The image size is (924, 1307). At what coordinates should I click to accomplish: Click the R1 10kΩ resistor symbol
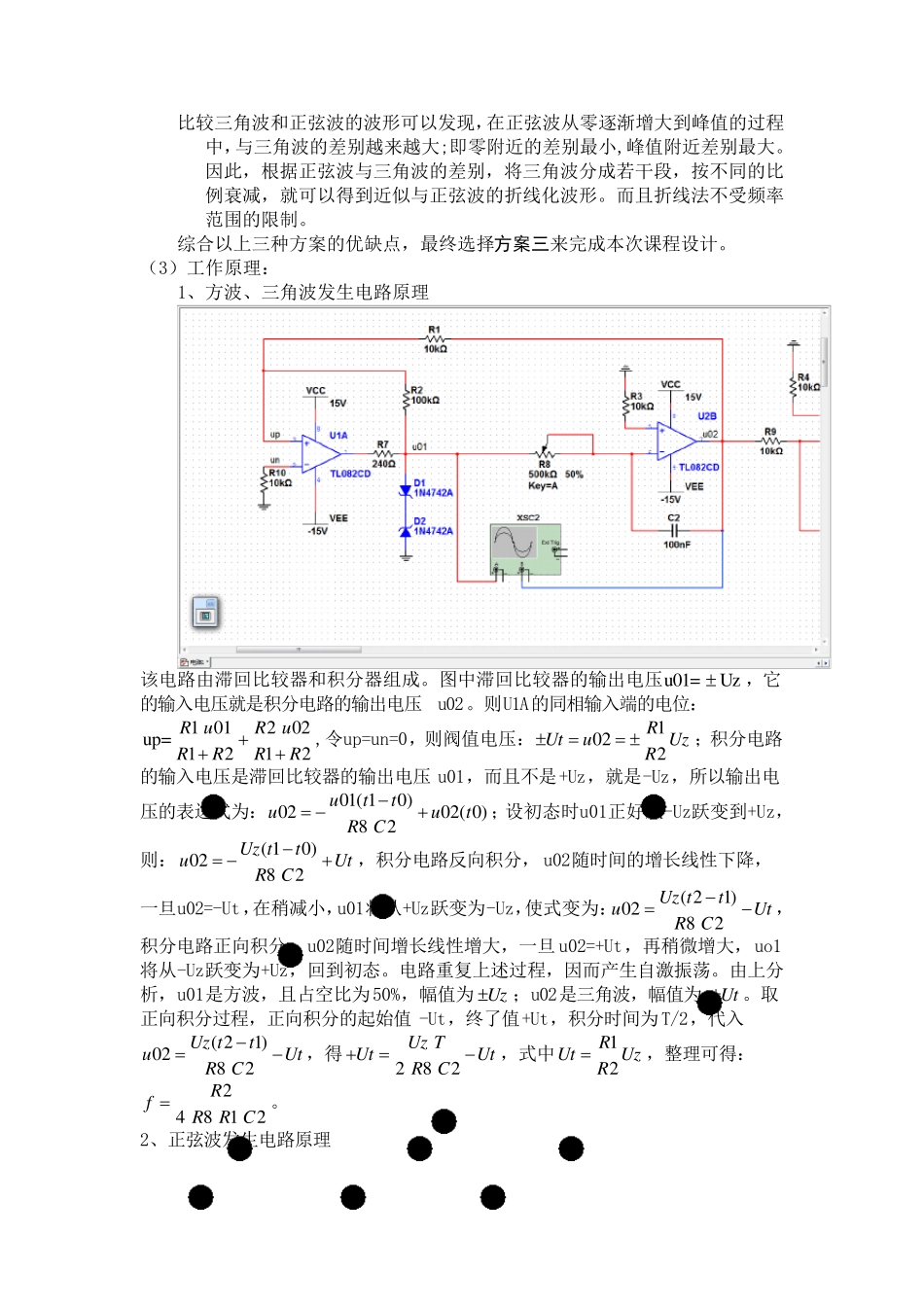point(434,339)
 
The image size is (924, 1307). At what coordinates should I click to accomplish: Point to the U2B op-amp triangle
point(675,442)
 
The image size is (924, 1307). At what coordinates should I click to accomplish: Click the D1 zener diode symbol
point(406,491)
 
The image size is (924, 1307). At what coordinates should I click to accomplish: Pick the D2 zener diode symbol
point(406,531)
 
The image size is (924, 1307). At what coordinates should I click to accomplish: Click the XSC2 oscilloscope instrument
point(525,549)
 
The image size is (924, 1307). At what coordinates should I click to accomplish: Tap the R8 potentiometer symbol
point(545,453)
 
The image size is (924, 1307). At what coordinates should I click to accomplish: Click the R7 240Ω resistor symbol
point(383,453)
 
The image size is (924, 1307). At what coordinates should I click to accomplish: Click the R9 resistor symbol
point(770,442)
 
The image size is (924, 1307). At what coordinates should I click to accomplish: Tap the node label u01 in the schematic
point(419,446)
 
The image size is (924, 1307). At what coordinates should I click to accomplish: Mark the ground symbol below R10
point(264,505)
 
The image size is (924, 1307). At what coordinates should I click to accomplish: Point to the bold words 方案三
point(522,244)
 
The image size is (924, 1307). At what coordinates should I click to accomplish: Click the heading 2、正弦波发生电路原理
point(235,1140)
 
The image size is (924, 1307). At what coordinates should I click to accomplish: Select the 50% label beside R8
point(574,475)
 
